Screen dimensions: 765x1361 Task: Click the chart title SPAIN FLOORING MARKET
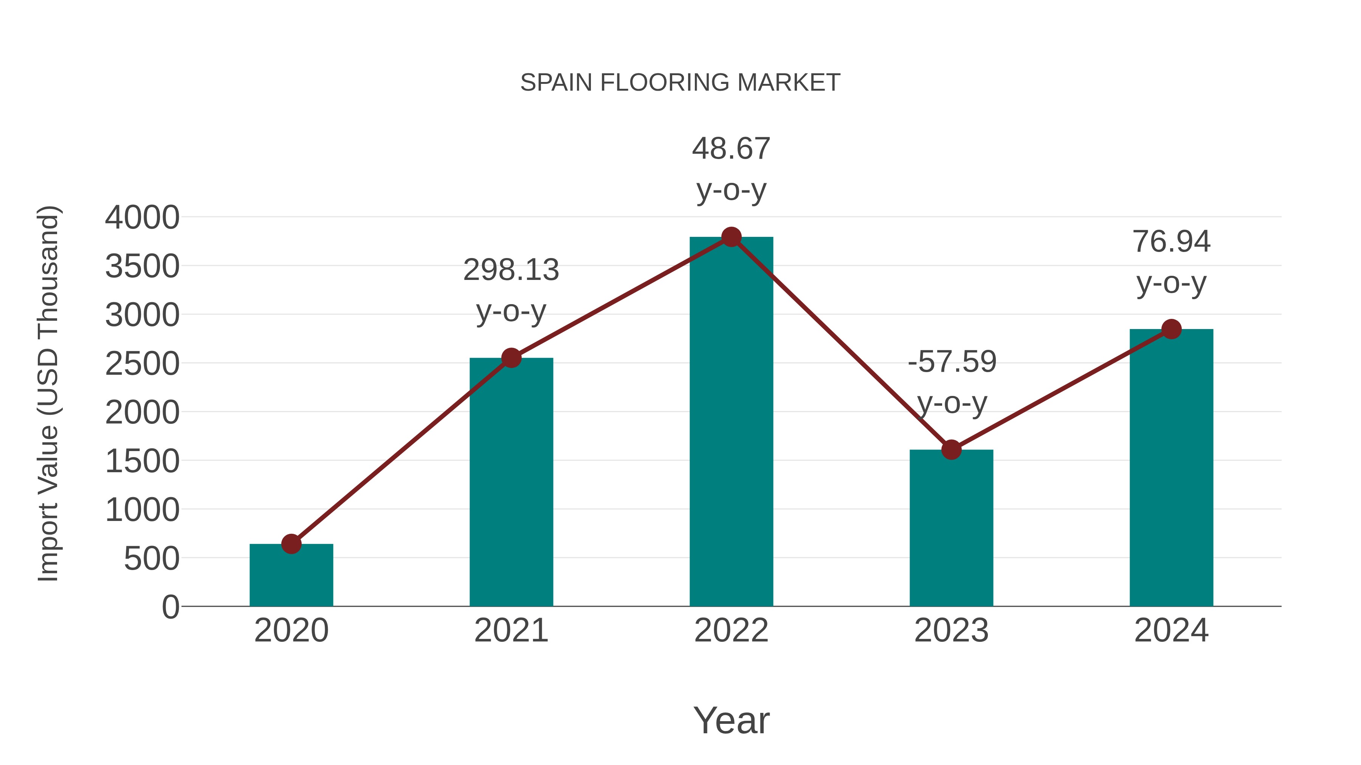[680, 83]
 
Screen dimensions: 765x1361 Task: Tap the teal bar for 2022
[731, 422]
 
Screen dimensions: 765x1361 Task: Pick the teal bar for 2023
[951, 528]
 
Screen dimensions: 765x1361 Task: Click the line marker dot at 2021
[511, 358]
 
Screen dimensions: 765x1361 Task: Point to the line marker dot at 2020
[291, 544]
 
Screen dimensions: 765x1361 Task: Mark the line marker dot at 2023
[951, 450]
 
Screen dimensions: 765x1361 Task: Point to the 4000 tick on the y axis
[142, 218]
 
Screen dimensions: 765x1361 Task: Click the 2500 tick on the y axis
[142, 364]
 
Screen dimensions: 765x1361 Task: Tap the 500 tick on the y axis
[152, 559]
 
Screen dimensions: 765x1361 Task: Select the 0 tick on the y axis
[171, 607]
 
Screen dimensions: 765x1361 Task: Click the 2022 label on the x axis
[731, 631]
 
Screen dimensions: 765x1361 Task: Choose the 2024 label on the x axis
[1171, 631]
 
